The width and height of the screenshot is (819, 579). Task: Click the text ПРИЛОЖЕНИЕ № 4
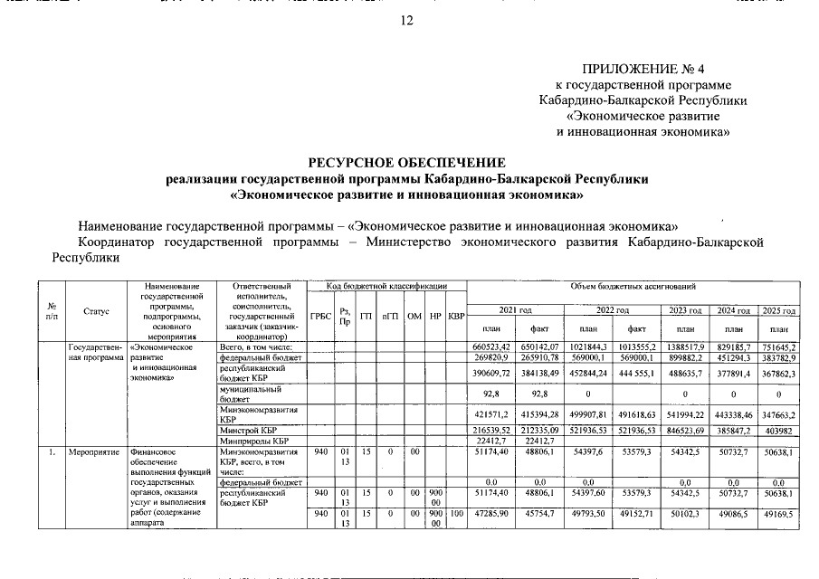[643, 69]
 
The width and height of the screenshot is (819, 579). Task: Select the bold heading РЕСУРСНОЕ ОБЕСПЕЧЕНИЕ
[406, 163]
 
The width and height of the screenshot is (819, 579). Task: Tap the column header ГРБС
[320, 316]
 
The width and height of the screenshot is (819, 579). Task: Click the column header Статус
[96, 311]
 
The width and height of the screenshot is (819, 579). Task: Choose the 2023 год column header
[685, 310]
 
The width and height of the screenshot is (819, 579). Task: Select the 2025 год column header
[779, 310]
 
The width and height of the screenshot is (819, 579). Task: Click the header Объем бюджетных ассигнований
[633, 287]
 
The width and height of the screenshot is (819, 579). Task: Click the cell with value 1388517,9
[685, 346]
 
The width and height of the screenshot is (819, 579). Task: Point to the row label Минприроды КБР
[252, 441]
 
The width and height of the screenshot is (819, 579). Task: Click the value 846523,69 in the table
[685, 431]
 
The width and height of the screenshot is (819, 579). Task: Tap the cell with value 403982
[779, 431]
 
